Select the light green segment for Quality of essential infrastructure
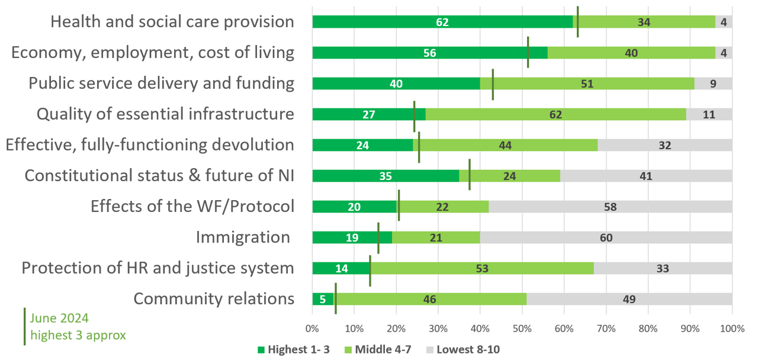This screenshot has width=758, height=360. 555,114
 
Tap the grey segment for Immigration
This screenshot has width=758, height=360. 605,237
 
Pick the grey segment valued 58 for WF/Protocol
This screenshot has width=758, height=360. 610,207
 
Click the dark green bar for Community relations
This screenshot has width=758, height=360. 323,299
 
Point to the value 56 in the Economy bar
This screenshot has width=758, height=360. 430,53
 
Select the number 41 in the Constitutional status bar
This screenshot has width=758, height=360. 645,176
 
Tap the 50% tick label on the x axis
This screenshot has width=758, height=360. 522,329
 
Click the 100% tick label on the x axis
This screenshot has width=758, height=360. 731,329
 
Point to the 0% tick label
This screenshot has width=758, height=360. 312,329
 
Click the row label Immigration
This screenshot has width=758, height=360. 243,237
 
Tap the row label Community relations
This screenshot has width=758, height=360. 214,298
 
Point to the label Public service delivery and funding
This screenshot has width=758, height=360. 161,83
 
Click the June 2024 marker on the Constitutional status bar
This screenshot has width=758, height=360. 470,175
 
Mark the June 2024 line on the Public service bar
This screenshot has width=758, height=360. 493,84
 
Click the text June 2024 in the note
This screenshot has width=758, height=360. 60,318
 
